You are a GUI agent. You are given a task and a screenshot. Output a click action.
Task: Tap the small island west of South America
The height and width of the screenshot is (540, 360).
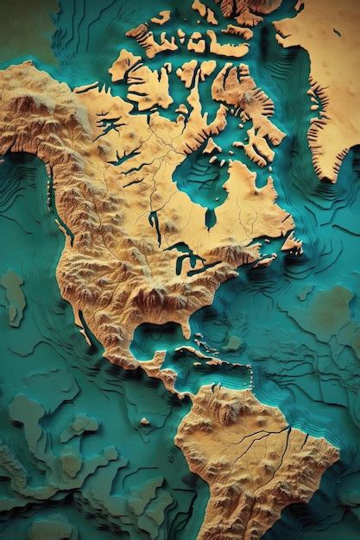(x=144, y=422)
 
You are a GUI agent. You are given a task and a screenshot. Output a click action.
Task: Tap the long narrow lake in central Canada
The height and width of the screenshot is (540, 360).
(x=154, y=226)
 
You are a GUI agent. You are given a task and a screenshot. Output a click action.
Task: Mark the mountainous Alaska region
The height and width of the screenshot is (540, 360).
(x=35, y=104)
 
